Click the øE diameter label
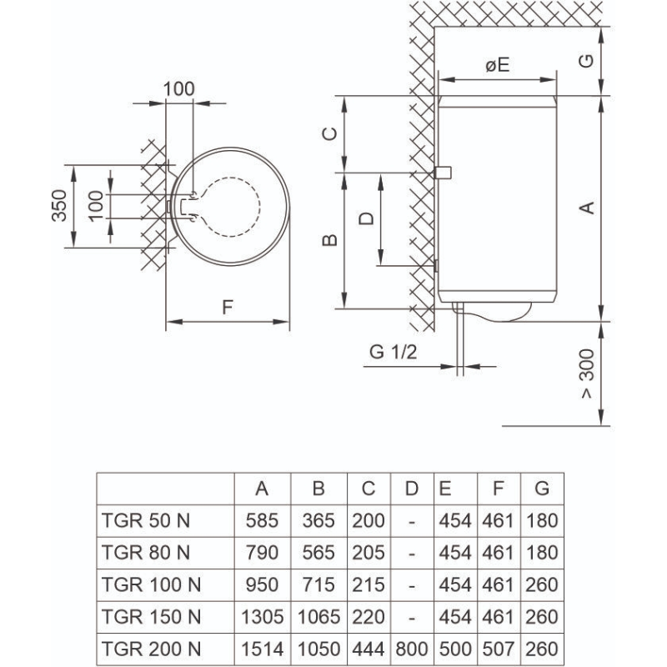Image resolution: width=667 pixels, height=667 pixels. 497,65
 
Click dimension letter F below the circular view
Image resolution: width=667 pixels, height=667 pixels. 227,307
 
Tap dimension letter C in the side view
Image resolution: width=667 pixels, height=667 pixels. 329,133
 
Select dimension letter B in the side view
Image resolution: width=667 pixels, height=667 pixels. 329,240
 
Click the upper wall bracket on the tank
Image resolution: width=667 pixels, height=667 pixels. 444,173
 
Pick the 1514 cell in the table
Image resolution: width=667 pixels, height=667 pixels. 262,649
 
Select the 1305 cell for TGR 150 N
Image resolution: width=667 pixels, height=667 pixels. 262,617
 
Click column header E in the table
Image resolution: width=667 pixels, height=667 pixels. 445,489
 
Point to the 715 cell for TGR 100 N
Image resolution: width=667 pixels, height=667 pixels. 318,585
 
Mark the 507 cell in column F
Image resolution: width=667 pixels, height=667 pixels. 498,649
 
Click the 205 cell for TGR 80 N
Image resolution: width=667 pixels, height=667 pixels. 369,553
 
